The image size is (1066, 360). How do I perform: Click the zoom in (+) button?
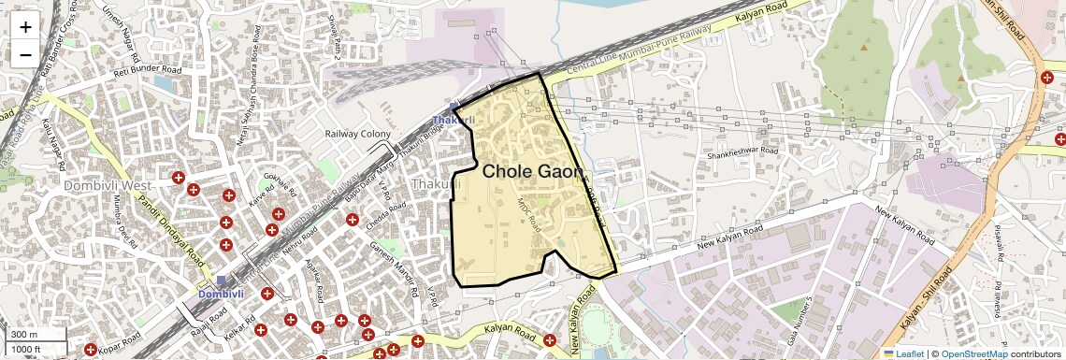(x=25, y=26)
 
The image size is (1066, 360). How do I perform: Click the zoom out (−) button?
(x=25, y=54)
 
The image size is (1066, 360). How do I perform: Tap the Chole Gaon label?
(x=532, y=172)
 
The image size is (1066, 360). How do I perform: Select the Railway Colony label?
(x=356, y=135)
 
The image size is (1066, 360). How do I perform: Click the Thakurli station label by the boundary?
(x=454, y=120)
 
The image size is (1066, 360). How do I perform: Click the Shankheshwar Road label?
(x=742, y=149)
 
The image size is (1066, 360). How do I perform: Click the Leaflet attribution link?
(x=903, y=353)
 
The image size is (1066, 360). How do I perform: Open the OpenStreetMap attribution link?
(x=973, y=353)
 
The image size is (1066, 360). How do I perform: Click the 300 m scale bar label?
(x=24, y=335)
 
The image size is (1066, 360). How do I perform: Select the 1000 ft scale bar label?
(x=28, y=350)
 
